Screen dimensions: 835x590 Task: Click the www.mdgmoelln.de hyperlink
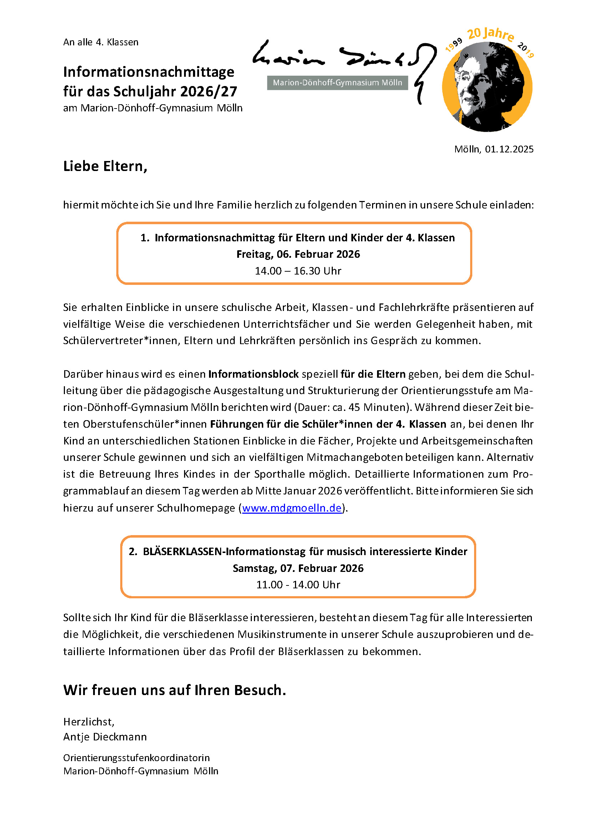pyautogui.click(x=292, y=508)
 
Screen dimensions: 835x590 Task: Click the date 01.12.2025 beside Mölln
pyautogui.click(x=509, y=149)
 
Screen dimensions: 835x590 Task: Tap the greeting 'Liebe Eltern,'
pyautogui.click(x=105, y=166)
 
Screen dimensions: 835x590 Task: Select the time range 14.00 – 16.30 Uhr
pyautogui.click(x=298, y=271)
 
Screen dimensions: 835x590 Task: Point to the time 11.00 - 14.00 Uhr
pyautogui.click(x=298, y=585)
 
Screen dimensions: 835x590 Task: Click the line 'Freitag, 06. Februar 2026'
pyautogui.click(x=298, y=254)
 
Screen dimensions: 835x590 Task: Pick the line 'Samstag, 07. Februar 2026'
pyautogui.click(x=298, y=568)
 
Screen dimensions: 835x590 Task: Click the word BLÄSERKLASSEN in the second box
pyautogui.click(x=182, y=552)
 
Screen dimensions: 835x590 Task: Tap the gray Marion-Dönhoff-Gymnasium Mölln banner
pyautogui.click(x=337, y=83)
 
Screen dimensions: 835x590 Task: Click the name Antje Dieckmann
pyautogui.click(x=105, y=737)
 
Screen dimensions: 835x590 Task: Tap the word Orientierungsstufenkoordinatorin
pyautogui.click(x=137, y=758)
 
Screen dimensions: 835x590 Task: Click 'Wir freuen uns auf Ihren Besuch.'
pyautogui.click(x=174, y=690)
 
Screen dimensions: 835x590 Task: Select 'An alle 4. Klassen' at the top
pyautogui.click(x=101, y=42)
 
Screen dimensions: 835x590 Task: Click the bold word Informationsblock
pyautogui.click(x=253, y=374)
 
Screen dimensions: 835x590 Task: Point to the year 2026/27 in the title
pyautogui.click(x=209, y=92)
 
